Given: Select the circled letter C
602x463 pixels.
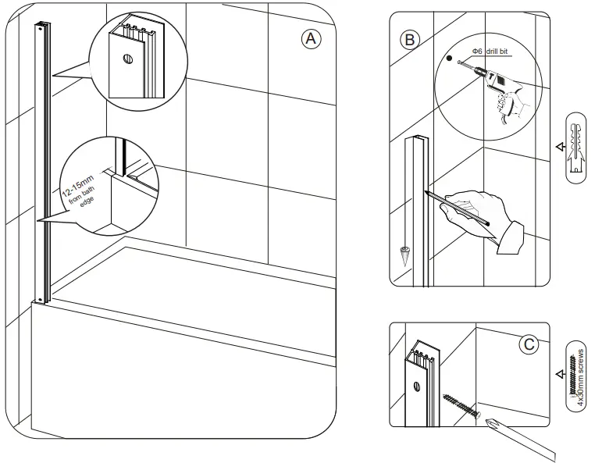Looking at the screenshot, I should tap(530, 343).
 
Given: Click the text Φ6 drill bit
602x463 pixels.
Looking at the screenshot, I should tap(486, 52).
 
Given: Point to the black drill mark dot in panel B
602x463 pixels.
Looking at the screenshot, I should tap(448, 58).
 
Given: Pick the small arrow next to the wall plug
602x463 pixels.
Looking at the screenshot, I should tap(557, 145).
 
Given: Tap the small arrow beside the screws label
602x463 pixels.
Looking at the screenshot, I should tap(557, 374).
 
